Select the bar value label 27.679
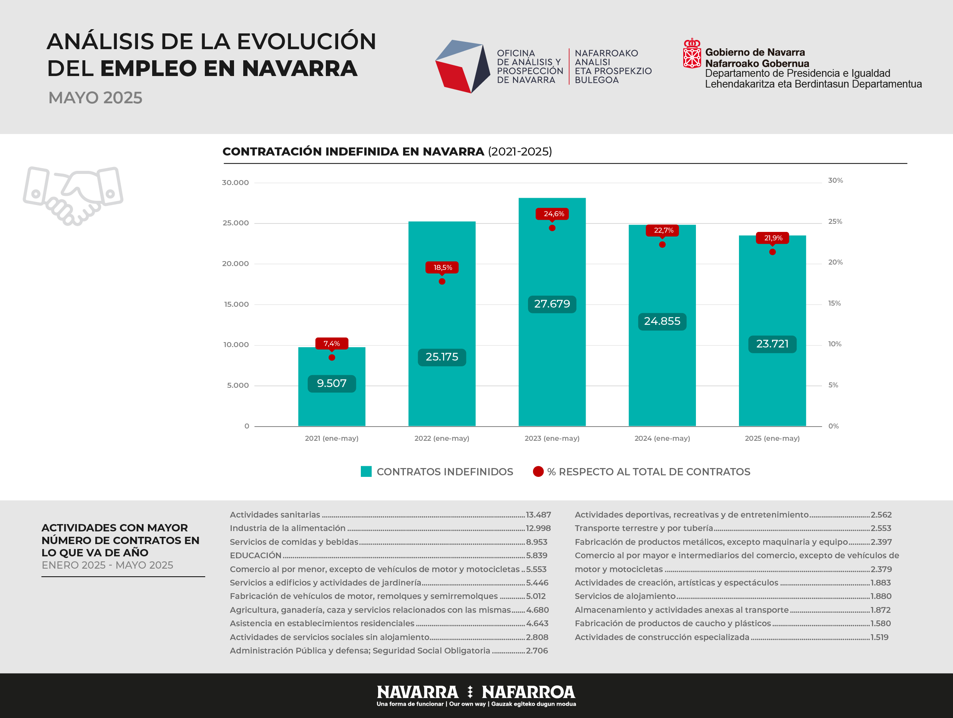(x=552, y=304)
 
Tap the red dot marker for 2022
(x=442, y=281)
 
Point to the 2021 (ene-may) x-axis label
(x=332, y=438)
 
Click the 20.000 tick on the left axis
(x=236, y=263)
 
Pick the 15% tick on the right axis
(x=835, y=303)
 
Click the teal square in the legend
(x=366, y=472)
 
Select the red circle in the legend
(x=538, y=472)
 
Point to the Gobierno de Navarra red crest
(x=692, y=53)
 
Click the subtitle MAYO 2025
(x=95, y=98)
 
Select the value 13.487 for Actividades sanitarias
(x=538, y=515)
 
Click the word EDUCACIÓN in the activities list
(x=256, y=556)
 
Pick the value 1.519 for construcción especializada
(x=879, y=637)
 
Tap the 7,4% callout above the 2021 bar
(x=332, y=344)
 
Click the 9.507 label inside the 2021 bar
(x=332, y=384)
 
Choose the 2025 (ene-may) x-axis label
(x=772, y=438)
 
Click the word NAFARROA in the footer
(x=528, y=692)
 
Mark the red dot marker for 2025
(x=772, y=252)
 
